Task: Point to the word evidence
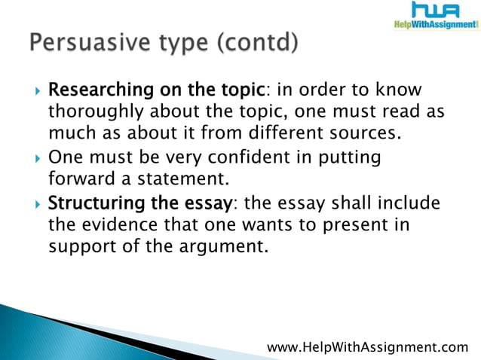point(115,226)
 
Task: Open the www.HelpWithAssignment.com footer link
point(368,346)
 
